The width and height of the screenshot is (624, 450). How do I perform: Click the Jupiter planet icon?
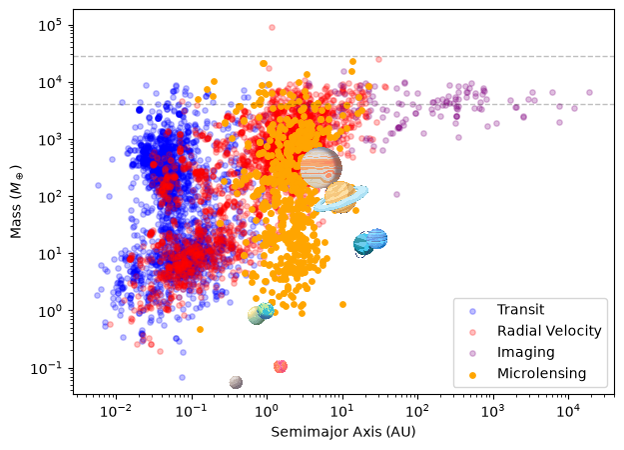[320, 168]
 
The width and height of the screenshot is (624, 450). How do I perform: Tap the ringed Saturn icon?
[340, 197]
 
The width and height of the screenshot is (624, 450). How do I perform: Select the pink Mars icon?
[281, 366]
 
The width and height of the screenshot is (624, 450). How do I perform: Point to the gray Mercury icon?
[236, 382]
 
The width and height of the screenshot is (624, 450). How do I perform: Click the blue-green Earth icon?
[266, 310]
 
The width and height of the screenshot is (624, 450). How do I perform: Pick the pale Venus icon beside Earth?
[256, 316]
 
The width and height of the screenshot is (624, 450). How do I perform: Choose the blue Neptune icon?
[376, 239]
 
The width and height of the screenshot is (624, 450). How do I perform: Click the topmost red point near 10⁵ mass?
[272, 28]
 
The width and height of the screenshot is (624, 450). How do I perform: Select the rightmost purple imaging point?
[589, 92]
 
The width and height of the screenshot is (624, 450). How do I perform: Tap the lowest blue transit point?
[182, 377]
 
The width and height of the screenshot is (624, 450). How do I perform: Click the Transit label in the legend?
[520, 309]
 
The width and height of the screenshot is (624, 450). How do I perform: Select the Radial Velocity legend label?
[549, 331]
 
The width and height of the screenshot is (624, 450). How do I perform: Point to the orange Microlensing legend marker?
[473, 375]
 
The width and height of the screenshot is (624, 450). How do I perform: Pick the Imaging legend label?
[526, 352]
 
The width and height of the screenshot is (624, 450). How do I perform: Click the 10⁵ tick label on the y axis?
[50, 26]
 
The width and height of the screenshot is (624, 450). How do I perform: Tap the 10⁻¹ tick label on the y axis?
[46, 368]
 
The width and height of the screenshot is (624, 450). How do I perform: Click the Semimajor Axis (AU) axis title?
[343, 432]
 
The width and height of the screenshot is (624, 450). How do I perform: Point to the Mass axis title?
[16, 202]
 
